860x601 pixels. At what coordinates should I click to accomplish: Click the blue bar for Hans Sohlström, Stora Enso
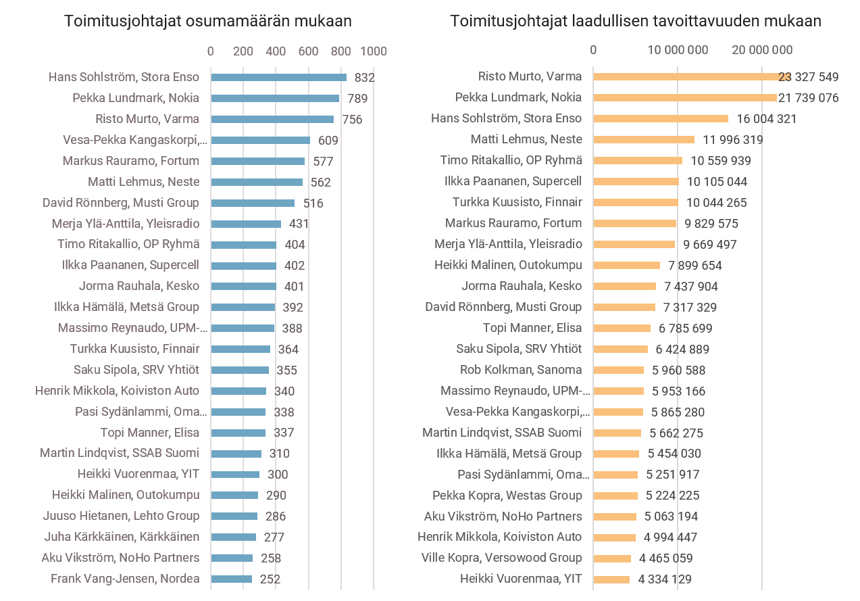[x=278, y=77]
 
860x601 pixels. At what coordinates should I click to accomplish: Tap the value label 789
[x=357, y=99]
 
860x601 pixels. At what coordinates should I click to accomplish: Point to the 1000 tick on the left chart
[x=374, y=51]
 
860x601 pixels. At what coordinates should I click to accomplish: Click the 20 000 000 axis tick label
[x=762, y=49]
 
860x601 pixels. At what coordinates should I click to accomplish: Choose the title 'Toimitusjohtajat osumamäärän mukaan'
[x=208, y=21]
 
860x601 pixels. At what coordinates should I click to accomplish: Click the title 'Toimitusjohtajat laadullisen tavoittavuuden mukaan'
[x=636, y=21]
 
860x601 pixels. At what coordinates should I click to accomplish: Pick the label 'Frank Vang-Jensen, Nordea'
[x=125, y=579]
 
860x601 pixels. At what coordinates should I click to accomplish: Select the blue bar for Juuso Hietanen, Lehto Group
[x=234, y=516]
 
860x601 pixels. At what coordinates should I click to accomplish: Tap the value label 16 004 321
[x=767, y=119]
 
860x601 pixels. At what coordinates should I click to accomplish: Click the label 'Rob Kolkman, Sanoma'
[x=521, y=370]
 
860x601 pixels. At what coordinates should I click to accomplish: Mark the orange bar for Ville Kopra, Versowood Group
[x=612, y=558]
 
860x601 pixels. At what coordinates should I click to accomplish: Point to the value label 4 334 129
[x=665, y=579]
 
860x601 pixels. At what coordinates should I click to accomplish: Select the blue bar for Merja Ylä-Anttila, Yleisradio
[x=246, y=224]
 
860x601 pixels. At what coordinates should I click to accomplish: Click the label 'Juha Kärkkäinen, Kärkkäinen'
[x=122, y=537]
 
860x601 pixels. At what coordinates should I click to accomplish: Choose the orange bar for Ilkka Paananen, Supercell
[x=636, y=181]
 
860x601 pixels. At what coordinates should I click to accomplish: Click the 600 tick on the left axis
[x=308, y=51]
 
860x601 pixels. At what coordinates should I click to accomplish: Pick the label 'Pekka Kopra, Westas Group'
[x=507, y=496]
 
